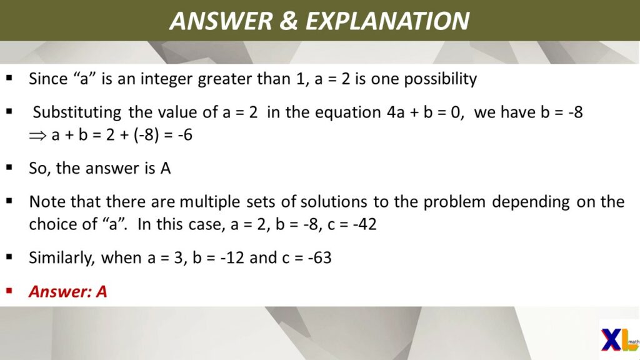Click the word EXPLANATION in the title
[x=387, y=21]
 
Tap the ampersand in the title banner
[x=288, y=21]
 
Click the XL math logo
[x=619, y=339]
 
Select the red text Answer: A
[x=67, y=291]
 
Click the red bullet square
[x=9, y=291]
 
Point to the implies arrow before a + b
[x=37, y=136]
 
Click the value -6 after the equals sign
[x=185, y=135]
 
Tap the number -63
[x=319, y=257]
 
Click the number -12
[x=232, y=257]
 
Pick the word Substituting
[x=77, y=112]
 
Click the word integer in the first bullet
[x=167, y=79]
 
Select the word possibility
[x=440, y=79]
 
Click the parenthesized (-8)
[x=146, y=135]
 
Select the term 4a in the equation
[x=396, y=112]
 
